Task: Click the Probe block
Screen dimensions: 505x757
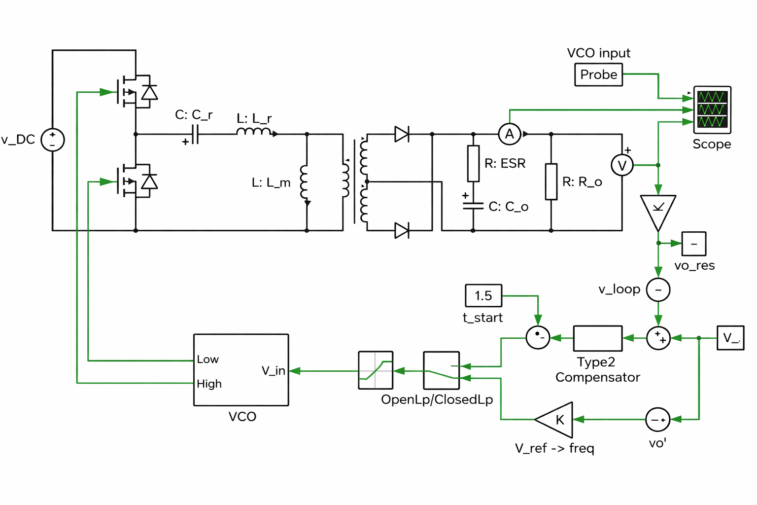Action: coord(598,74)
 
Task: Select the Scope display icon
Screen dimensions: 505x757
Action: coord(712,109)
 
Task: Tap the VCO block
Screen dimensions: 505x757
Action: coord(241,370)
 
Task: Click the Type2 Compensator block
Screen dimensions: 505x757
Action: coord(597,338)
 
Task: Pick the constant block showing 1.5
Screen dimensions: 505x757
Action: coord(483,295)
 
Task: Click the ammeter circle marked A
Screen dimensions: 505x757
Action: coord(510,134)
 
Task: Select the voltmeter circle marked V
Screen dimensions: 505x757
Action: coord(622,165)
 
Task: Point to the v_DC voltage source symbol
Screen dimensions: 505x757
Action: coord(52,140)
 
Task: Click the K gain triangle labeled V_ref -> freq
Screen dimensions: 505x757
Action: coord(556,420)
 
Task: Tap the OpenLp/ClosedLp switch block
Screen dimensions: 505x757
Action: coord(441,370)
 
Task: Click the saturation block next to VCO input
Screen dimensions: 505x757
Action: coord(376,370)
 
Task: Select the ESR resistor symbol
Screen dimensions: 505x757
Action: coord(473,163)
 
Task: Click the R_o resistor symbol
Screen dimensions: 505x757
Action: coord(551,181)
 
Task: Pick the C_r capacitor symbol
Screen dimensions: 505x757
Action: coord(195,134)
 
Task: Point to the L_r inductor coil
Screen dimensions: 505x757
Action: coord(254,132)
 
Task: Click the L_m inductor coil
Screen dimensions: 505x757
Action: coord(305,181)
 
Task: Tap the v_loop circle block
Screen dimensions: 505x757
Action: coord(658,289)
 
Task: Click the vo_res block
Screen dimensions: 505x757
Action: coord(694,244)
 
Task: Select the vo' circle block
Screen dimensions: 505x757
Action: coord(658,420)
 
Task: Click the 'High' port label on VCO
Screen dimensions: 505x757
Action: coord(209,384)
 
